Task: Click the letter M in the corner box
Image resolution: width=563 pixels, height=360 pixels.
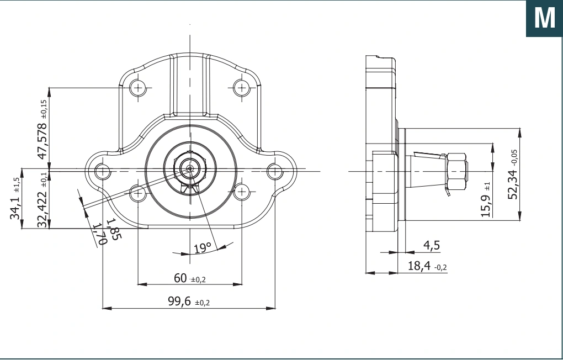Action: click(545, 18)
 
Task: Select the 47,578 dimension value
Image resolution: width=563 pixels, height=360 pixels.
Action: click(42, 141)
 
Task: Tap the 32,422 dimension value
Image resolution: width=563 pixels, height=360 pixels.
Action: click(42, 209)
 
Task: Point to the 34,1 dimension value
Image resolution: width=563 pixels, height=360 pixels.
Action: click(15, 208)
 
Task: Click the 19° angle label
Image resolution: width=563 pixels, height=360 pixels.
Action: click(202, 248)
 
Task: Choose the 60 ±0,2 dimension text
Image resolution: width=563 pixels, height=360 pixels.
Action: click(189, 278)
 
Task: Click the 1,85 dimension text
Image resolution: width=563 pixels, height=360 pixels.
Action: click(115, 229)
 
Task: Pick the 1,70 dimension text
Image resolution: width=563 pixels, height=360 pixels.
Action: click(100, 234)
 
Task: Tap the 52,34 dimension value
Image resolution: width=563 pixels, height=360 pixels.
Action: click(513, 184)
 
